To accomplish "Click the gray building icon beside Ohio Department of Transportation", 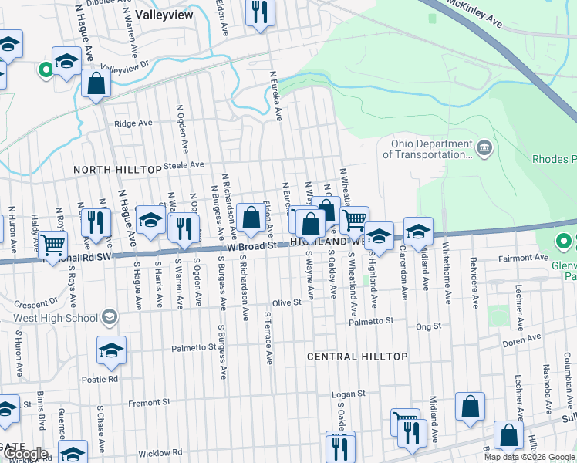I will (484, 148).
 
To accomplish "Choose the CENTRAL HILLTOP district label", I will (357, 357).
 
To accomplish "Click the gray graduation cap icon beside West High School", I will (110, 317).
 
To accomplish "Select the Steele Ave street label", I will (186, 164).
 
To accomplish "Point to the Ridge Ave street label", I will (133, 123).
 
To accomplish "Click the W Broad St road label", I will (251, 245).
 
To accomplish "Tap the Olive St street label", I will (286, 303).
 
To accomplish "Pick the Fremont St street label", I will (149, 403).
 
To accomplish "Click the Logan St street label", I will (347, 394).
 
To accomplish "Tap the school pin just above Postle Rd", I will (111, 351).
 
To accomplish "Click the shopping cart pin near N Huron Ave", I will (52, 245).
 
